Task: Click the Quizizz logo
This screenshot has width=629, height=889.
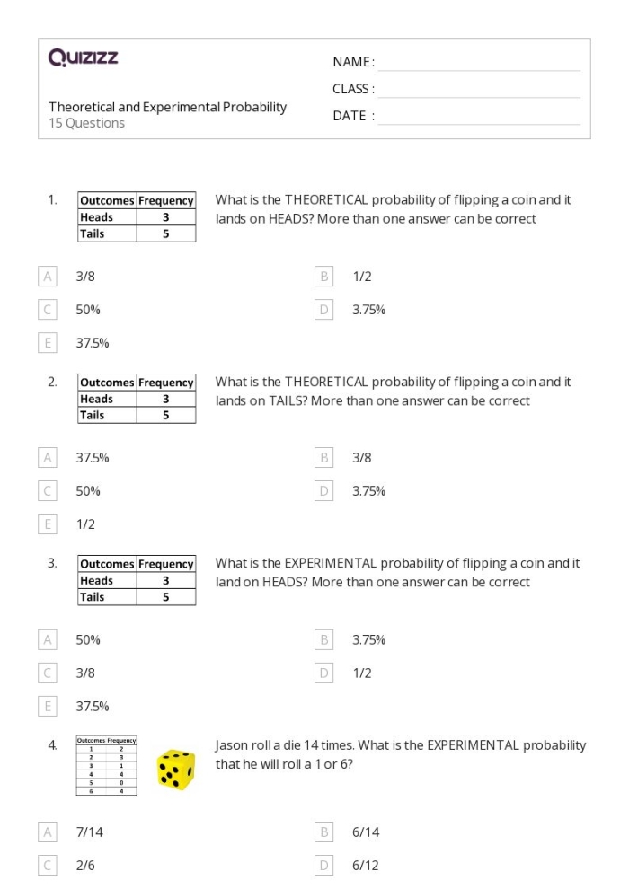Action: coord(84,59)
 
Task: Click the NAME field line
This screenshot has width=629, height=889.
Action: coord(479,63)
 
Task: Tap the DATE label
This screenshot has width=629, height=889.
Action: coord(350,116)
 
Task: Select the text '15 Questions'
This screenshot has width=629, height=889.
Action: coord(87,124)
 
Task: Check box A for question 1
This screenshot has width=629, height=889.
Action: coord(48,277)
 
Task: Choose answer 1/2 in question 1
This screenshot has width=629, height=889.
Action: coord(362,277)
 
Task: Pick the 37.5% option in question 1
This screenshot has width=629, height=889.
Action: coord(93,343)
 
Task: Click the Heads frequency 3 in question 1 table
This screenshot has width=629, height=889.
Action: coord(166,217)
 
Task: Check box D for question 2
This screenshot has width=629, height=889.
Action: coord(324,491)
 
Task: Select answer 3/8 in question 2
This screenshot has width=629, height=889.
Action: coord(362,458)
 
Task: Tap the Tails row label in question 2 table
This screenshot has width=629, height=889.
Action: coord(93,415)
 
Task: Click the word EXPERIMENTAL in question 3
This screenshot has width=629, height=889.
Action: coord(331,564)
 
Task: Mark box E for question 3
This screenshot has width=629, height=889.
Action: coord(48,707)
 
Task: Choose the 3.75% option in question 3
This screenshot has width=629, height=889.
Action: coord(369,640)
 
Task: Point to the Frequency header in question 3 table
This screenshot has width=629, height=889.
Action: coord(166,565)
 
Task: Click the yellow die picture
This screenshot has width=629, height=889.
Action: coord(175,770)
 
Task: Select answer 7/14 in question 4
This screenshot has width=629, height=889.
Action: coord(90,832)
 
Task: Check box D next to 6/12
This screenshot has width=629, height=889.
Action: coord(324,866)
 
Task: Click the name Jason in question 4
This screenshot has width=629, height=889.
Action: coord(231,745)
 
